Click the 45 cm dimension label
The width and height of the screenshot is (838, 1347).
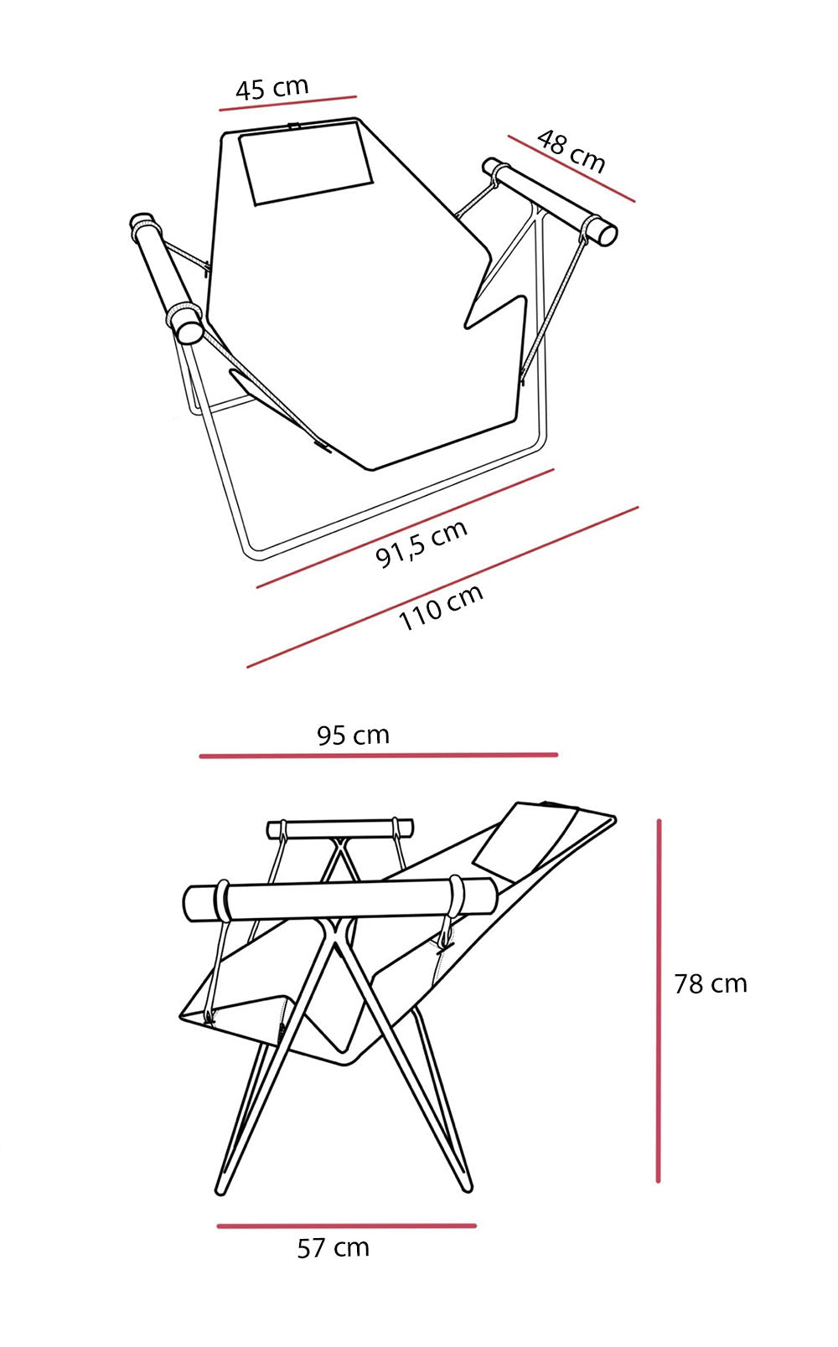[x=272, y=89]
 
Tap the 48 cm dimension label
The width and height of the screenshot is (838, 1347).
[x=571, y=151]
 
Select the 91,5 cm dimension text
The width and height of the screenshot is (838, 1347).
[x=422, y=543]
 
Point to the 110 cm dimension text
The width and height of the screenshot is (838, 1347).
[x=441, y=606]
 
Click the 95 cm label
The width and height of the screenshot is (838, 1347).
[x=353, y=735]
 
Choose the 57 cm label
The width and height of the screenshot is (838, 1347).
[x=334, y=1249]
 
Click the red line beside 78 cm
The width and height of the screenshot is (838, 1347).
[x=659, y=1001]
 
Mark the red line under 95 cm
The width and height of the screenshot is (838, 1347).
[x=379, y=756]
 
